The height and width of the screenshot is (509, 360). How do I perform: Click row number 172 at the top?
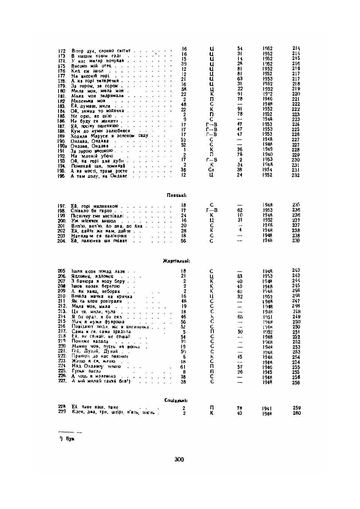62,51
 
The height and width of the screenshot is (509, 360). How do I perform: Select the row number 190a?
62,146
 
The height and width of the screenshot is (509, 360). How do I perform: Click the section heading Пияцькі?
177,195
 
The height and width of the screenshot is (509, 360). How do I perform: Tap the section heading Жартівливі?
176,261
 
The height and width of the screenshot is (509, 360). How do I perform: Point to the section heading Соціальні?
176,400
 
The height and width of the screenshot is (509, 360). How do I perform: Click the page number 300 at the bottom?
179,459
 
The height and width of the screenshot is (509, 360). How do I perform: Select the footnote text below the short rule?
67,439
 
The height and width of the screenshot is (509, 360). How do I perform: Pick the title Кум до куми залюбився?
100,131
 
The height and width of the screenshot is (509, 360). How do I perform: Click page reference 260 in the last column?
297,413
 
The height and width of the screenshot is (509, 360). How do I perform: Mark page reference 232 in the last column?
296,175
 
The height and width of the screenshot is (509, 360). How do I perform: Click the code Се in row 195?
211,170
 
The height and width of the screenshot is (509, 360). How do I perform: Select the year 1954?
267,170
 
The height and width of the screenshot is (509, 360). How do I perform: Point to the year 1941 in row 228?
267,408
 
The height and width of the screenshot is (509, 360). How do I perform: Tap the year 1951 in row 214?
267,317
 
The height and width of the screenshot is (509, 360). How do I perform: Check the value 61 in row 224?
183,367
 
